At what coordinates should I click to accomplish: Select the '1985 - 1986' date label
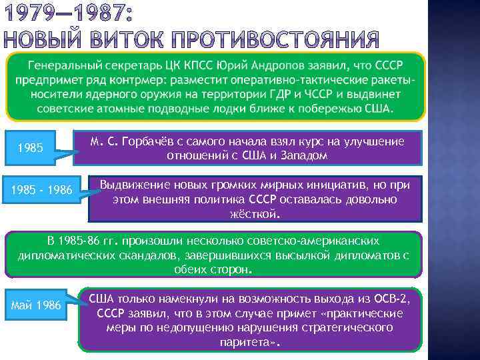(x=41, y=191)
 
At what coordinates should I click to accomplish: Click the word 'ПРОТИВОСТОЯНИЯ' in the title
(x=283, y=41)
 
